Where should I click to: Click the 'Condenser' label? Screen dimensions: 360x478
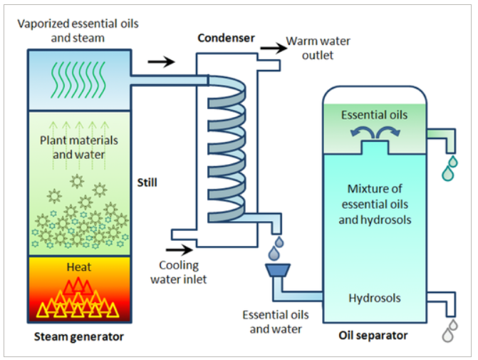click(x=225, y=38)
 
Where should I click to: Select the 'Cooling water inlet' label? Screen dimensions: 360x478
click(x=179, y=272)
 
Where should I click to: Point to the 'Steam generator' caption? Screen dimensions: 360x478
click(x=79, y=336)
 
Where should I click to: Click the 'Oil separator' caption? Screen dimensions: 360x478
click(x=374, y=335)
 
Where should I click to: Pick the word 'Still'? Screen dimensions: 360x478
click(x=147, y=182)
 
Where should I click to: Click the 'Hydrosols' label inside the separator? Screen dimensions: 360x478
click(x=375, y=299)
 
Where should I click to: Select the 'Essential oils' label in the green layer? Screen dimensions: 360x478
click(x=375, y=115)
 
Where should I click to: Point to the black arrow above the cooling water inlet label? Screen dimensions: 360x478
click(x=178, y=249)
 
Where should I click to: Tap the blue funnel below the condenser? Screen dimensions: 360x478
click(x=276, y=271)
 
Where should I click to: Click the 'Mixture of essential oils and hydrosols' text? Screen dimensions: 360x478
click(x=375, y=205)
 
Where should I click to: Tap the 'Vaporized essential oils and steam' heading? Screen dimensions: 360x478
click(x=79, y=31)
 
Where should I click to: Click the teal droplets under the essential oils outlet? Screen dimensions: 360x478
click(x=449, y=169)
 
